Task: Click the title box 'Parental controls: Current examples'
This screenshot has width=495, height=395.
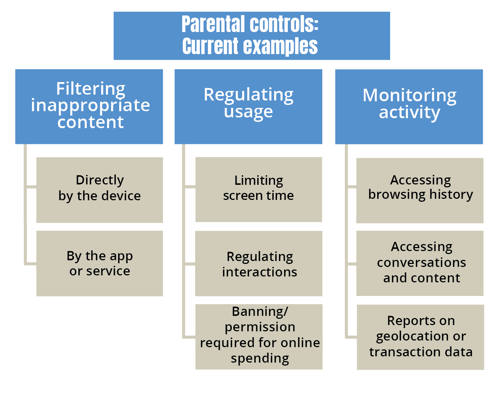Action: click(x=251, y=36)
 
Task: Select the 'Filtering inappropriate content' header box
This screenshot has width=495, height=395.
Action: click(x=89, y=106)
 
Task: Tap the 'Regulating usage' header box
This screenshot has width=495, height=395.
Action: click(x=248, y=106)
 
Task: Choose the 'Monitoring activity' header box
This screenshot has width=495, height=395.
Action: click(x=409, y=106)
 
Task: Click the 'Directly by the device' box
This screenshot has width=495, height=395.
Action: click(x=99, y=190)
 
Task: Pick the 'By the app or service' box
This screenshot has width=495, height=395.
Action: click(x=99, y=263)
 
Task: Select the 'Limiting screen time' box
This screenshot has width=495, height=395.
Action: click(x=259, y=190)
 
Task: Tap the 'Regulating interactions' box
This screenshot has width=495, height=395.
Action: click(x=259, y=264)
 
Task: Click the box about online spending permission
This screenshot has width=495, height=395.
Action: click(x=259, y=336)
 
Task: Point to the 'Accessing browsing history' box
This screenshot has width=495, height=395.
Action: click(x=420, y=190)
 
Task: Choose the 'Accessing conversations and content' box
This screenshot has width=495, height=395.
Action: click(x=420, y=263)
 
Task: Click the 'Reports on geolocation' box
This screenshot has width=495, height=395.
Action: click(x=420, y=337)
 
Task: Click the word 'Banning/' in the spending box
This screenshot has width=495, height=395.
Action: click(x=260, y=311)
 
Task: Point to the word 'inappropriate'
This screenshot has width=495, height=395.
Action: click(x=91, y=106)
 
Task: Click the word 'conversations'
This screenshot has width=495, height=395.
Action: click(x=421, y=262)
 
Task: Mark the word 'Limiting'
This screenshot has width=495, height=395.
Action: click(x=259, y=180)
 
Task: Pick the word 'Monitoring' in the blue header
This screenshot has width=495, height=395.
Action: click(x=409, y=95)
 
